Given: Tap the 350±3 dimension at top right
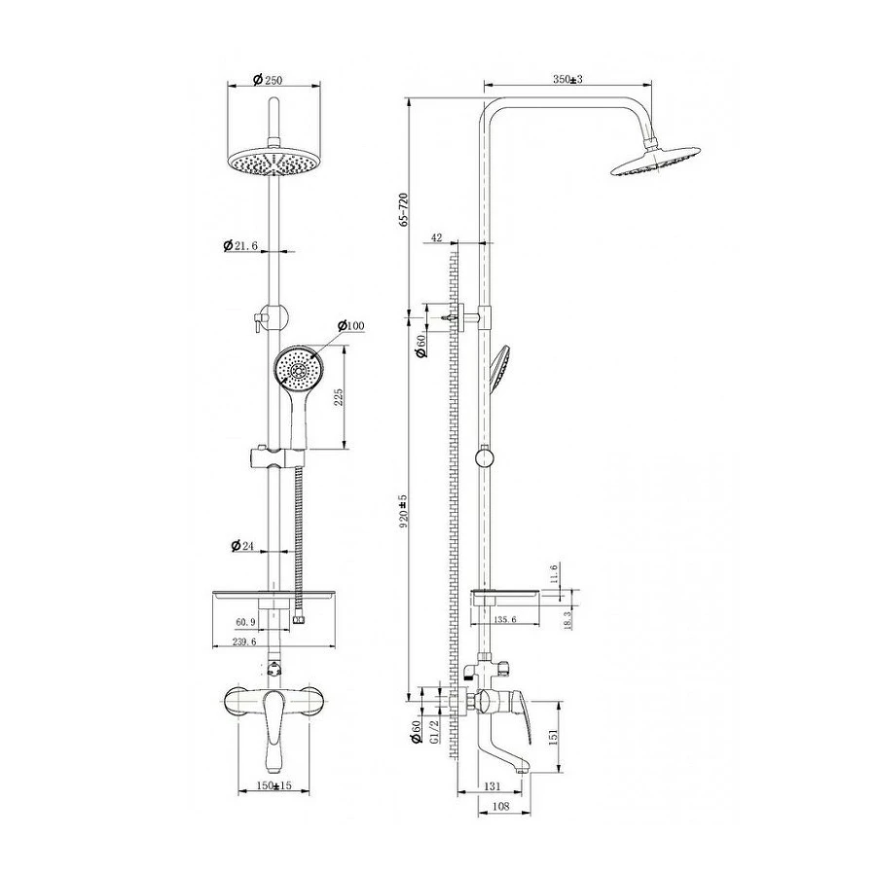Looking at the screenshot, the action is [567, 80].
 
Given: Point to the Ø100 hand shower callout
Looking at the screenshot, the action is [351, 325].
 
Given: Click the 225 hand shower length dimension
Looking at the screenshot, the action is [338, 398].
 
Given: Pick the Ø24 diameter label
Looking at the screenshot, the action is [242, 545].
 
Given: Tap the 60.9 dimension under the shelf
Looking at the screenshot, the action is [246, 621].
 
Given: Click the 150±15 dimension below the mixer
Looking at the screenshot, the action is [274, 785].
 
